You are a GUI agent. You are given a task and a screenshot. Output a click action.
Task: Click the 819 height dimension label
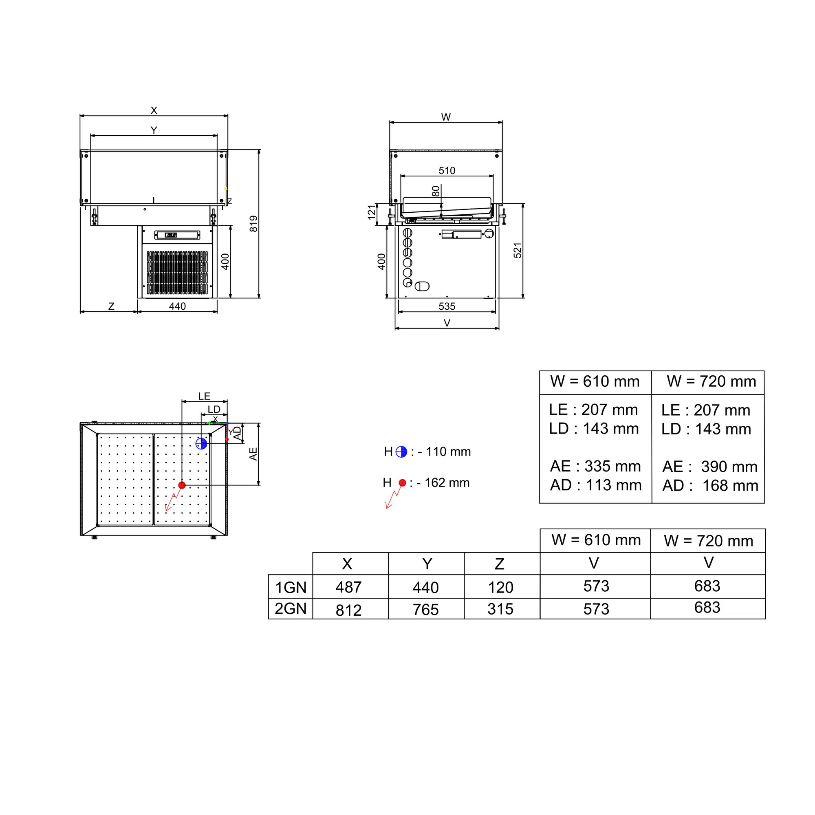click(x=253, y=224)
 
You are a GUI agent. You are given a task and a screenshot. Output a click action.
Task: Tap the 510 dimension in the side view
click(x=447, y=170)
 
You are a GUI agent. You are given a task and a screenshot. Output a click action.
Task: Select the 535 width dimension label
click(x=447, y=306)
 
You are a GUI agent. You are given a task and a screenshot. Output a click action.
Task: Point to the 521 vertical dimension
click(x=518, y=250)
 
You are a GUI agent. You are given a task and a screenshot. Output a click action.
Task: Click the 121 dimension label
click(x=371, y=212)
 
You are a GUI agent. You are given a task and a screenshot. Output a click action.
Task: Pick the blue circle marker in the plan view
click(x=201, y=443)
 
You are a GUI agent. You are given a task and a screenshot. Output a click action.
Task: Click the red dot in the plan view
click(x=182, y=485)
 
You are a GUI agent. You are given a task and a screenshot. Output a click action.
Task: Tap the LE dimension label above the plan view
click(x=204, y=396)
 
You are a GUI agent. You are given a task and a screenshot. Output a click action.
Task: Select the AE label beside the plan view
click(x=253, y=454)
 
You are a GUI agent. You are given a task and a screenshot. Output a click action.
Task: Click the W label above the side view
click(x=446, y=117)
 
